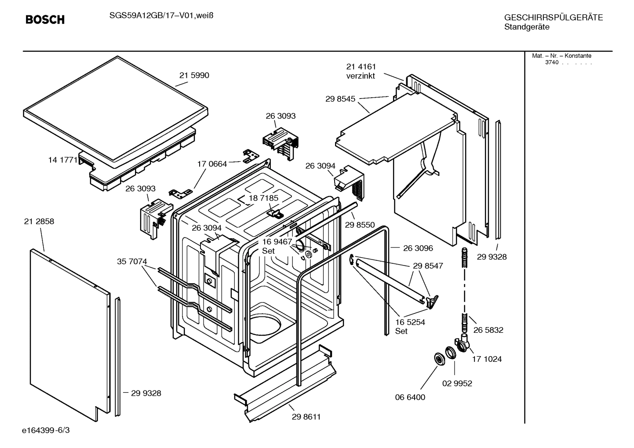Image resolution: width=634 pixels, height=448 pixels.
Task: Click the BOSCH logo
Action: coord(45,20)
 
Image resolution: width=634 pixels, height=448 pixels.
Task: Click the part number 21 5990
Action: coord(194,75)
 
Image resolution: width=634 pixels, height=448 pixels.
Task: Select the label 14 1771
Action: coord(62,160)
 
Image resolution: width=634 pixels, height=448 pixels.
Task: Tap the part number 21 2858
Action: coord(39,222)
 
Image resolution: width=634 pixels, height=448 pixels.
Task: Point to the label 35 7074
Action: coord(132,262)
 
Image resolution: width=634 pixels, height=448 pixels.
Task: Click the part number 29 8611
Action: coord(306,417)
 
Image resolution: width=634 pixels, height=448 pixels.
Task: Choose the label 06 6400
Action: coord(410,397)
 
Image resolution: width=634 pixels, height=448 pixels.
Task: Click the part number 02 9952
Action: coord(457,383)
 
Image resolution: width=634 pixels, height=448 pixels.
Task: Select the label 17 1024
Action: coord(487,359)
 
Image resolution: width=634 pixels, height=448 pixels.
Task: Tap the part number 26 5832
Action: coord(488,330)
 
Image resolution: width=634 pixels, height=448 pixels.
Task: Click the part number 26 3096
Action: coord(418,248)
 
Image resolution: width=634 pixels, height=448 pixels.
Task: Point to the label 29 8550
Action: coord(360,225)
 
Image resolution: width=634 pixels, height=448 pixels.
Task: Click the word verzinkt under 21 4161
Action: coord(361,76)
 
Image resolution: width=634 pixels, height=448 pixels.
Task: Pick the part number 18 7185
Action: coord(263,198)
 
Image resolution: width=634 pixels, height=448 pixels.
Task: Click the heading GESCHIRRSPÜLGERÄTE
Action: coord(553,18)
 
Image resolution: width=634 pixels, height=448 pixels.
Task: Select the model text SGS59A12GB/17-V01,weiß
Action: coord(157,15)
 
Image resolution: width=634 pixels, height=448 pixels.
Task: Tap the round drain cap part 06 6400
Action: coord(439,359)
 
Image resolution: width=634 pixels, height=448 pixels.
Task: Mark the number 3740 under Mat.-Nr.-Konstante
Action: coord(551,62)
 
